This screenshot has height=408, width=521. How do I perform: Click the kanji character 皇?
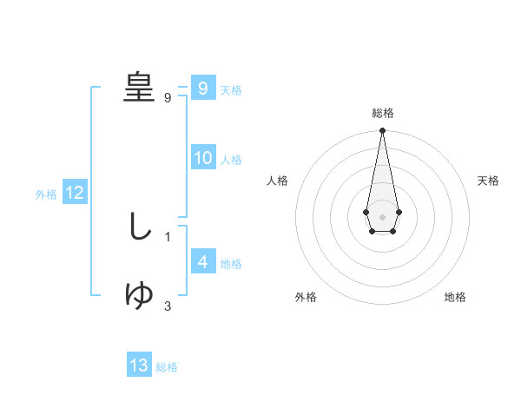(138, 86)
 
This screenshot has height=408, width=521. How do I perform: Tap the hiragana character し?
(139, 226)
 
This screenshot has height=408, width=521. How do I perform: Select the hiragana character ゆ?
(139, 295)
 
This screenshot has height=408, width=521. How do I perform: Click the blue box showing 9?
(202, 89)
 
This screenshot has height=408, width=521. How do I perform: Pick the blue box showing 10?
(202, 158)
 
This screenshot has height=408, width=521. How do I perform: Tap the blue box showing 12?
(75, 194)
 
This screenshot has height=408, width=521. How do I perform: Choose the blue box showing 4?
(202, 262)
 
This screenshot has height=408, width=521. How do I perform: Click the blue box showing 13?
(139, 365)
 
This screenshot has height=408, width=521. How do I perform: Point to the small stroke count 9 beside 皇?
(168, 98)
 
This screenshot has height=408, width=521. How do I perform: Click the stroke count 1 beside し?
(168, 236)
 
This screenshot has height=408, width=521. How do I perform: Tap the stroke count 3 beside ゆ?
(168, 306)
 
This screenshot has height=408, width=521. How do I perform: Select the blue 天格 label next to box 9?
(231, 89)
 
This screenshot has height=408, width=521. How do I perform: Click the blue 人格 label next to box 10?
(231, 159)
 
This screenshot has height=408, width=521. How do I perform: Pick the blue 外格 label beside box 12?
(46, 194)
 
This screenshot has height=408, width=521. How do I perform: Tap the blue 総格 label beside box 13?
(167, 366)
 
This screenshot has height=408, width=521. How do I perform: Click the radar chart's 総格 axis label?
(382, 113)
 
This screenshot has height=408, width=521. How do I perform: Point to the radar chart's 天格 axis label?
(488, 181)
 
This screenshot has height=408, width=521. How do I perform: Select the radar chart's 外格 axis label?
(306, 297)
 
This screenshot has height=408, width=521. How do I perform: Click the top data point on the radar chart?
(382, 131)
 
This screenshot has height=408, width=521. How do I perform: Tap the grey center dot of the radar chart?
(382, 215)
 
